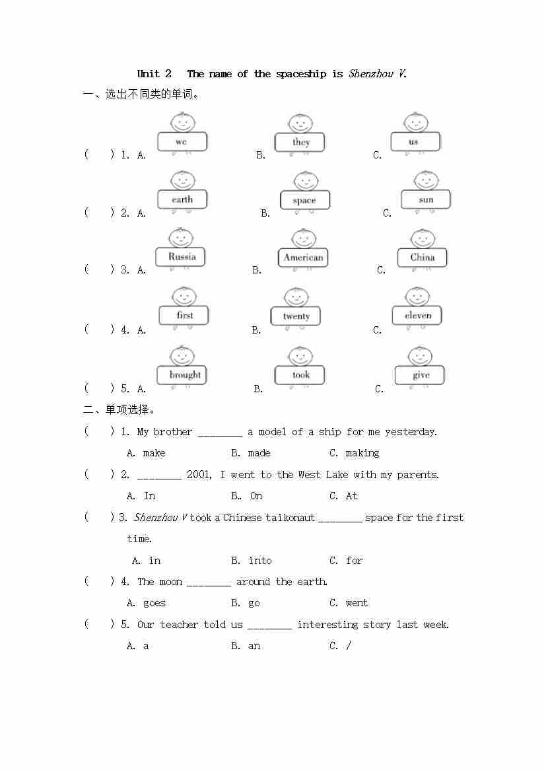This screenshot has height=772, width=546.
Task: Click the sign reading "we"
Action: tap(182, 142)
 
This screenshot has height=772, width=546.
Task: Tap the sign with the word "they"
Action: tap(301, 142)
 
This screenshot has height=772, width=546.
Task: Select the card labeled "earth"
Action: tap(182, 199)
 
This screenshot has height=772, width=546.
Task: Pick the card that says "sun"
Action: tap(426, 199)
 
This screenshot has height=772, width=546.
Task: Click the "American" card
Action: tap(303, 258)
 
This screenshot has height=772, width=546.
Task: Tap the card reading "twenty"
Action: tap(296, 316)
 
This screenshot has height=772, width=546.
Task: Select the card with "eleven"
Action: tap(417, 316)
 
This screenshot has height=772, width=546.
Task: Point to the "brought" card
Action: tap(185, 374)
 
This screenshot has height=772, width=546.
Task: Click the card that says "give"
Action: tap(421, 375)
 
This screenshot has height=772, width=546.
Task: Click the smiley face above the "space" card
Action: tap(305, 181)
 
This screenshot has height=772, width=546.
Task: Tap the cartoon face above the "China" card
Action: tap(423, 238)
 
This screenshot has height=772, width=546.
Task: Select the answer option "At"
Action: tap(351, 496)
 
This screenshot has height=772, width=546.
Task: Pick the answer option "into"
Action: tap(260, 561)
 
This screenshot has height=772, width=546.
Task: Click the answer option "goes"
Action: tap(154, 603)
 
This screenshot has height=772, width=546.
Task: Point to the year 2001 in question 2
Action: tap(199, 475)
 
